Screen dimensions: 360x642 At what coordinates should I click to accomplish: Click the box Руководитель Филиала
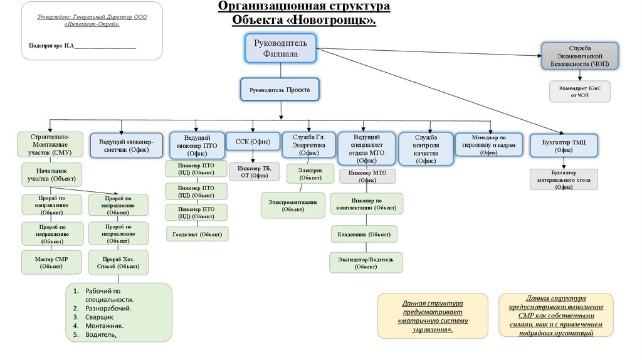[x=280, y=48]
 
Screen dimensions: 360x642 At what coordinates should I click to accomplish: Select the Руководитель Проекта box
[x=280, y=90]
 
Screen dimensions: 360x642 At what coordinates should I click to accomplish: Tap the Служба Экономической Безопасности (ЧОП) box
[x=580, y=56]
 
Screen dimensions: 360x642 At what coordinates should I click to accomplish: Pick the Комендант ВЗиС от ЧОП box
[x=580, y=92]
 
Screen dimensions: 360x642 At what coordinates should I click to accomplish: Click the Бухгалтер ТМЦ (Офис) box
[x=563, y=146]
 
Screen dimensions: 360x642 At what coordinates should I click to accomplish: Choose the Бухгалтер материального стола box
[x=563, y=179]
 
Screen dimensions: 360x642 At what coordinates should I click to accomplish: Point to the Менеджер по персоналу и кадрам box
[x=488, y=144]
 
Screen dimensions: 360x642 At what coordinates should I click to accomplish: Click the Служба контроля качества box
[x=426, y=149]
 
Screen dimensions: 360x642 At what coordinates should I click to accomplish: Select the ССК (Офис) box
[x=253, y=142]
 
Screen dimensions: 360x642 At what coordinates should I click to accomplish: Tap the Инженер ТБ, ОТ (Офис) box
[x=253, y=171]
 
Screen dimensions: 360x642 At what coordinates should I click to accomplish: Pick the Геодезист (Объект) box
[x=197, y=234]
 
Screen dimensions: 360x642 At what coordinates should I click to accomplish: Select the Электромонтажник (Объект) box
[x=293, y=205]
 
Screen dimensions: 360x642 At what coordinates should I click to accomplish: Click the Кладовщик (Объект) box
[x=364, y=234]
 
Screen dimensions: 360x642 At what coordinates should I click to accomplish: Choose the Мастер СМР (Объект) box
[x=51, y=262]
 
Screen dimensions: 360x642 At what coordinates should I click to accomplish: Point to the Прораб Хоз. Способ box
[x=118, y=262]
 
